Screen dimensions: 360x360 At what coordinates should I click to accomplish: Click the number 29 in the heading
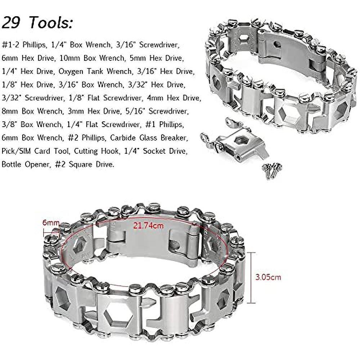(x=11, y=22)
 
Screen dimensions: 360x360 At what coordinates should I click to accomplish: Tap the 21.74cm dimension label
(x=149, y=225)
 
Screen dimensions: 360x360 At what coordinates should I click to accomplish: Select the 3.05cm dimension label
(x=268, y=277)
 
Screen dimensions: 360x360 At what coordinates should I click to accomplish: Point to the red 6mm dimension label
(x=51, y=222)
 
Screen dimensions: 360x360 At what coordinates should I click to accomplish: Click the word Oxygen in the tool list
(x=71, y=72)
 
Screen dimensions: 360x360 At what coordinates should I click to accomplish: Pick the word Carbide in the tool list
(x=122, y=138)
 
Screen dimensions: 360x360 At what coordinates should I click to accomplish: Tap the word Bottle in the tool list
(x=12, y=164)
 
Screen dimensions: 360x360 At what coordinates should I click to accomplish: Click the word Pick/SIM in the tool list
(x=16, y=151)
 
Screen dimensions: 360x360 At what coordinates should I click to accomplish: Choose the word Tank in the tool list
(x=95, y=71)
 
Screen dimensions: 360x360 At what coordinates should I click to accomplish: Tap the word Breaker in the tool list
(x=175, y=138)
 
